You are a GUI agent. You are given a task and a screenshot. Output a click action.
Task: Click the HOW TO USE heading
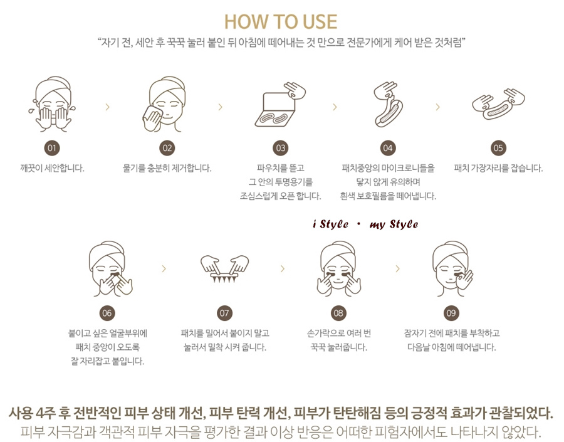[x=281, y=21]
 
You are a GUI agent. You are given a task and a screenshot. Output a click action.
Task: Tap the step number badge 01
[x=52, y=148]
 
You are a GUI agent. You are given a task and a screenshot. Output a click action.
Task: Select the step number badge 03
[x=281, y=148]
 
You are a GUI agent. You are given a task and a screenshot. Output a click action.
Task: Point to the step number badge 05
[x=498, y=148]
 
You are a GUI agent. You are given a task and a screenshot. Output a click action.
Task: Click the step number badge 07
[x=224, y=313]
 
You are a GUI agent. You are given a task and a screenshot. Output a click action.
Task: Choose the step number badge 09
[x=451, y=313]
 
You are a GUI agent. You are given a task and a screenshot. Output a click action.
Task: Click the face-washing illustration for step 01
[x=53, y=104]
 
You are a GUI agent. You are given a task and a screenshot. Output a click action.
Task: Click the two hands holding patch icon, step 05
[x=498, y=104]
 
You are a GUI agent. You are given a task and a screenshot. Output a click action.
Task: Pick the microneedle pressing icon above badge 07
[x=224, y=269]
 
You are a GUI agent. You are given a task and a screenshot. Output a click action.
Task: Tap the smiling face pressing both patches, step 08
[x=338, y=269]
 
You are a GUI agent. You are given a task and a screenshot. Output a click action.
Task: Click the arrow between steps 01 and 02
[x=108, y=107]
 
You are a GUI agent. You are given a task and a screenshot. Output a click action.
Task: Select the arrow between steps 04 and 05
[x=438, y=107]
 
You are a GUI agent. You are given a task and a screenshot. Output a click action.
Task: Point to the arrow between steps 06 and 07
[x=164, y=268]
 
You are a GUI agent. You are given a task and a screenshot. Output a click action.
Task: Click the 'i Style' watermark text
[x=330, y=224]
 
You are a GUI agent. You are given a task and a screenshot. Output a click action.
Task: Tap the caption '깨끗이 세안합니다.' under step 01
[x=52, y=168]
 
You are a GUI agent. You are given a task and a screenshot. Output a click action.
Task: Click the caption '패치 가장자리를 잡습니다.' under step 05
[x=498, y=168]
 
